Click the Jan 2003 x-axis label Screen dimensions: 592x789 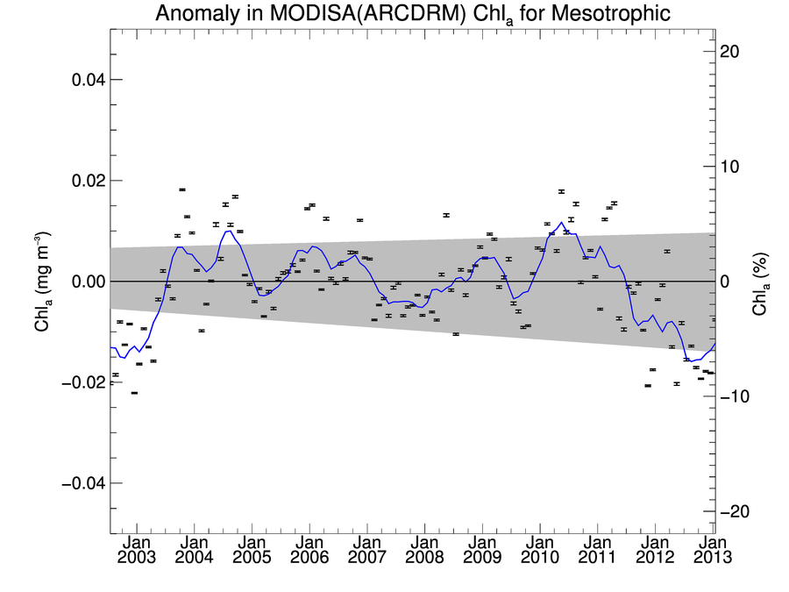pos(138,549)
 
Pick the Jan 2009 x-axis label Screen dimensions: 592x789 pos(480,549)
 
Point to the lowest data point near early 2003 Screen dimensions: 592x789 pos(134,393)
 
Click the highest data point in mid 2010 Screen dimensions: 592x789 pos(561,191)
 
